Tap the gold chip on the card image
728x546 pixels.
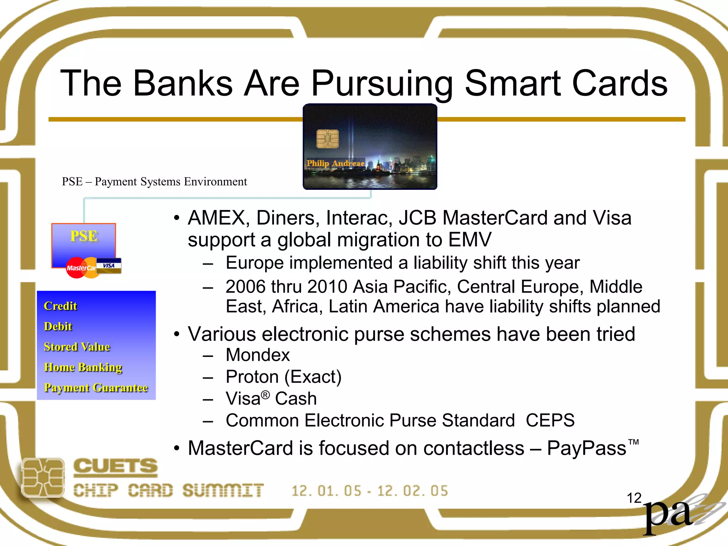click(327, 139)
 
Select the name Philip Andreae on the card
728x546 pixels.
click(335, 164)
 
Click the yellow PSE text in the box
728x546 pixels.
click(84, 236)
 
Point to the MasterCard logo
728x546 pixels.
click(81, 268)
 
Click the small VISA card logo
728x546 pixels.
click(109, 266)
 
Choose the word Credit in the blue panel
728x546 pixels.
click(60, 306)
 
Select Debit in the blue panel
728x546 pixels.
click(58, 326)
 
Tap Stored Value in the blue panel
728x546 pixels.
click(77, 347)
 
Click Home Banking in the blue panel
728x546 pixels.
click(83, 367)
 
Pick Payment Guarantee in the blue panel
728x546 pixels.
click(96, 387)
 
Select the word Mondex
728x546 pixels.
click(258, 355)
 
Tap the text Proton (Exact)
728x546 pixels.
click(283, 377)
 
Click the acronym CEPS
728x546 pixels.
click(550, 421)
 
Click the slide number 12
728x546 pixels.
click(634, 498)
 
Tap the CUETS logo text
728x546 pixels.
click(115, 467)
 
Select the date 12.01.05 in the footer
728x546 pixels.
click(326, 491)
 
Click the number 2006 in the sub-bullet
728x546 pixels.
click(245, 287)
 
